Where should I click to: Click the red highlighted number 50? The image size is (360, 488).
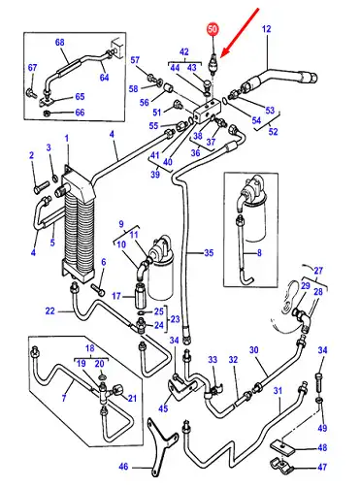tap(213, 29)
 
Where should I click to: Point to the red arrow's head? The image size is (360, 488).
tap(222, 55)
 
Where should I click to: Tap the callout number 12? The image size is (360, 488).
tap(266, 29)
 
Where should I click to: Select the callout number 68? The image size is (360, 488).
tap(60, 43)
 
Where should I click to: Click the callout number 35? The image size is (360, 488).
tap(210, 252)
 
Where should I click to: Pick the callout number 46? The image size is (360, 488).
tap(123, 467)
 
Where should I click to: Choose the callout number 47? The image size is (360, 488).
tap(322, 467)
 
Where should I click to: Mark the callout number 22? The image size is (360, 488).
tap(50, 311)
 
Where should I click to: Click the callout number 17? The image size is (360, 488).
tap(116, 296)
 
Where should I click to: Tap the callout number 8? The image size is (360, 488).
tap(259, 252)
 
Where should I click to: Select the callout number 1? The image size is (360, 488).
tap(67, 139)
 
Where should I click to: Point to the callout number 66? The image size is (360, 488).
tap(80, 113)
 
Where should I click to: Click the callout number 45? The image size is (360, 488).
tap(163, 408)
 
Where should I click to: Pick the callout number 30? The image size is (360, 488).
tap(254, 350)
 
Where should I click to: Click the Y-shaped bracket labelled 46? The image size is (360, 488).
tap(163, 445)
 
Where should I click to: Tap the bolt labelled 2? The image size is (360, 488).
tap(41, 187)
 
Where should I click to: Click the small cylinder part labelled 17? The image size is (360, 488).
tap(141, 296)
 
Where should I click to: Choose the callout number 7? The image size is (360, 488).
tap(64, 398)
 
